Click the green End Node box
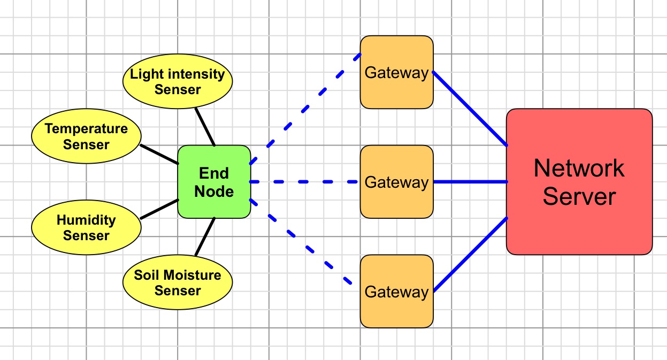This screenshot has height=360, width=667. tap(214, 182)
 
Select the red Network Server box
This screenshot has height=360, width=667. tap(579, 182)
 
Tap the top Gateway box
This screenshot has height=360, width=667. tap(396, 72)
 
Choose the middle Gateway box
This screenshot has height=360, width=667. tap(396, 182)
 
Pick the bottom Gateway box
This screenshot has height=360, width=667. tap(396, 292)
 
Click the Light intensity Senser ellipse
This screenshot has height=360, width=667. tap(178, 81)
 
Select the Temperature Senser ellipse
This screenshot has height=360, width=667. tap(86, 136)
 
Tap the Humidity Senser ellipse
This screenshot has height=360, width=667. tap(86, 227)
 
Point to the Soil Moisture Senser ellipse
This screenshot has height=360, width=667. tap(178, 282)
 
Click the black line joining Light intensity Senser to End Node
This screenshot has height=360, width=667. tap(205, 127)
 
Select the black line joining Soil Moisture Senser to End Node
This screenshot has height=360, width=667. tap(205, 237)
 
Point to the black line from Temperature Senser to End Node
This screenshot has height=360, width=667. tap(159, 154)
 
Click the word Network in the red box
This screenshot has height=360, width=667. tap(579, 168)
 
